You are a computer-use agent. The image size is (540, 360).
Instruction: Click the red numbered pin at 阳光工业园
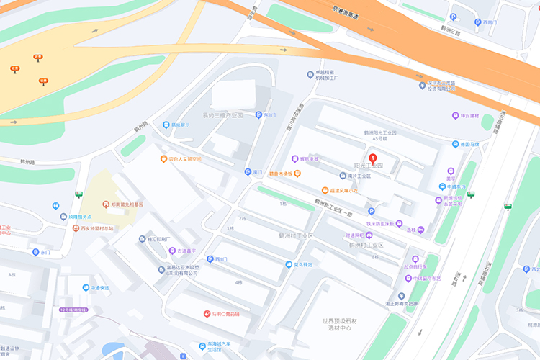[372, 159]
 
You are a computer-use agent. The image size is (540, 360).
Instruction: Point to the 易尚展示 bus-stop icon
[166, 125]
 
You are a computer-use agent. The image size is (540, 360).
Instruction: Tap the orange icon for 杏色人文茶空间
[164, 158]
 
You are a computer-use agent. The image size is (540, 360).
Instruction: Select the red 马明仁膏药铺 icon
[207, 314]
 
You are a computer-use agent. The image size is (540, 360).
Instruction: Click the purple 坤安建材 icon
[455, 116]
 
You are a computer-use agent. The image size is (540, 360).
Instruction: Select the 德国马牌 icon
[454, 144]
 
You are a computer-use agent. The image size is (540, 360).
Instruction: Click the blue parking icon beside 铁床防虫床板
[372, 211]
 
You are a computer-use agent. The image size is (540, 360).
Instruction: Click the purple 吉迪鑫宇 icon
[172, 251]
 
